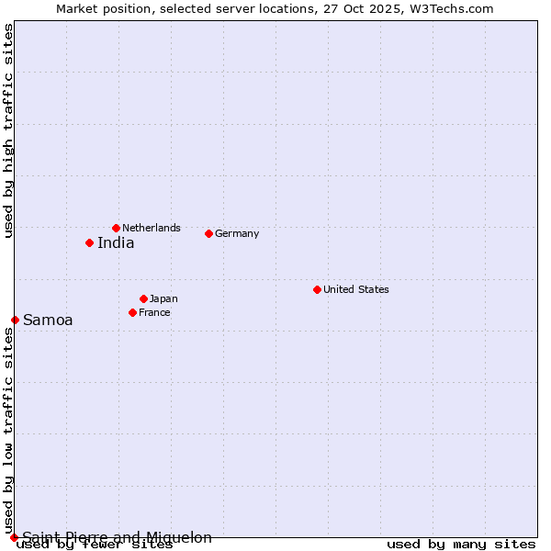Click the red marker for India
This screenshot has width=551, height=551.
click(x=89, y=242)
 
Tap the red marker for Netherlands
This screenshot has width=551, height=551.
click(x=116, y=228)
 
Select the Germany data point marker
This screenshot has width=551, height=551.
click(x=208, y=233)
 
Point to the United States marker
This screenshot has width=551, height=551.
click(x=317, y=289)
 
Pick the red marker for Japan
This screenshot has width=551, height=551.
click(x=143, y=298)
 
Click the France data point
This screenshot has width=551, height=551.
click(x=132, y=312)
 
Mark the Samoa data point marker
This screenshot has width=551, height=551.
click(x=15, y=320)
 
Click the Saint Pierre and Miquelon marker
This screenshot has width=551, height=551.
click(x=14, y=537)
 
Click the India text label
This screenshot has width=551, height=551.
click(x=116, y=243)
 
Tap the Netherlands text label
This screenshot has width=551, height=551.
click(x=152, y=228)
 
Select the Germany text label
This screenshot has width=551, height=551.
click(x=237, y=233)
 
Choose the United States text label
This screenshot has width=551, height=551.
click(x=356, y=289)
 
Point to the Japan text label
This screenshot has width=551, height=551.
click(x=163, y=298)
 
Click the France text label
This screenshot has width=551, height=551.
click(x=154, y=312)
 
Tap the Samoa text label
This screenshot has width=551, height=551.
click(x=48, y=320)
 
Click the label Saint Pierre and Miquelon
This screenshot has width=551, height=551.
click(x=118, y=537)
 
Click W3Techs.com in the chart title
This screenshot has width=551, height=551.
click(x=450, y=8)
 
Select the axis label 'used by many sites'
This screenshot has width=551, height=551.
click(x=461, y=545)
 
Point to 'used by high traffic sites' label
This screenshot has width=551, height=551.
click(x=8, y=130)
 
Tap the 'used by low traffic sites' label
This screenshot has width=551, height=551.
click(x=8, y=432)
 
